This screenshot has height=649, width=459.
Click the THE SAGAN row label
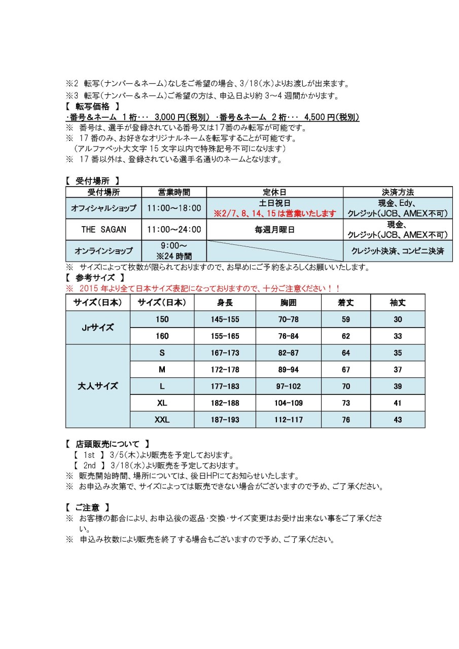click(103, 229)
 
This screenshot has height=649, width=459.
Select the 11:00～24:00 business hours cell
click(174, 229)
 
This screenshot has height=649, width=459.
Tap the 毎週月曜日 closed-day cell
click(274, 229)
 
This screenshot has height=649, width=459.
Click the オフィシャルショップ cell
click(103, 208)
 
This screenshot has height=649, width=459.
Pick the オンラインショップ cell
click(103, 250)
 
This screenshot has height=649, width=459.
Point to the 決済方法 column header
click(397, 192)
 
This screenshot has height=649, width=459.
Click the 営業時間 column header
click(174, 192)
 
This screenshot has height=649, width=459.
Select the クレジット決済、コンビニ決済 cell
click(397, 250)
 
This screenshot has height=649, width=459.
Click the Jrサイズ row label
click(98, 327)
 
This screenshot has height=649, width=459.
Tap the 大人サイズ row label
click(98, 386)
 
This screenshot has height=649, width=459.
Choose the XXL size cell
click(162, 420)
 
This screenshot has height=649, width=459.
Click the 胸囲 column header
click(288, 303)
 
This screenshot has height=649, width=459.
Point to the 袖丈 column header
click(397, 303)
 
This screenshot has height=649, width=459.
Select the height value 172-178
click(224, 370)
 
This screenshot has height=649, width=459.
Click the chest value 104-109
click(288, 403)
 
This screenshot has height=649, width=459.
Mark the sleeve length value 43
click(397, 420)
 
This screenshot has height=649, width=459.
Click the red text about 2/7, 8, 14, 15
click(274, 213)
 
